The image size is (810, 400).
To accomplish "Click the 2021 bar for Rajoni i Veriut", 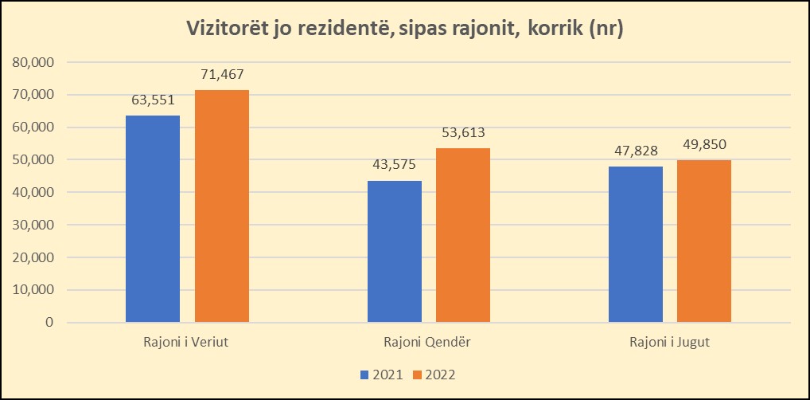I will (x=153, y=219).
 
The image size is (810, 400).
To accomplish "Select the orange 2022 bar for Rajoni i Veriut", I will (x=222, y=206).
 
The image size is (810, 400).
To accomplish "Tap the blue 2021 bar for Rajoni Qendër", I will (x=395, y=252).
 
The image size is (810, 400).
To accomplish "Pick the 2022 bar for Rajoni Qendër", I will (x=463, y=235).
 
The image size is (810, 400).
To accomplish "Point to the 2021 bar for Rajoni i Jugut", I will (x=636, y=245).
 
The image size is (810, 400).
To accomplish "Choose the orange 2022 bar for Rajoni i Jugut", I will (x=704, y=241).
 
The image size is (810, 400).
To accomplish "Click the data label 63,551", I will (x=153, y=100).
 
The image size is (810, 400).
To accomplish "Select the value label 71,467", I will (x=222, y=74).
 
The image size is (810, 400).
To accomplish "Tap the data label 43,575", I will (x=395, y=165).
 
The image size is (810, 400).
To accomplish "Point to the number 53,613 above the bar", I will (x=463, y=132).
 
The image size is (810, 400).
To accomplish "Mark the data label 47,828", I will (x=636, y=151).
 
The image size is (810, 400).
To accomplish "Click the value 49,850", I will (x=704, y=144).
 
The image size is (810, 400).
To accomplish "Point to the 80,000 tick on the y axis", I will (x=33, y=62).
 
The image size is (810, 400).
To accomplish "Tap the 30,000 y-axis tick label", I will (x=33, y=225).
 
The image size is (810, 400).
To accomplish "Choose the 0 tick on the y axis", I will (x=49, y=323).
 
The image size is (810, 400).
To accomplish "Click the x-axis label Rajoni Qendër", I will (x=428, y=343).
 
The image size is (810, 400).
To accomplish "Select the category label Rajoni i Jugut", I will (x=669, y=343).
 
